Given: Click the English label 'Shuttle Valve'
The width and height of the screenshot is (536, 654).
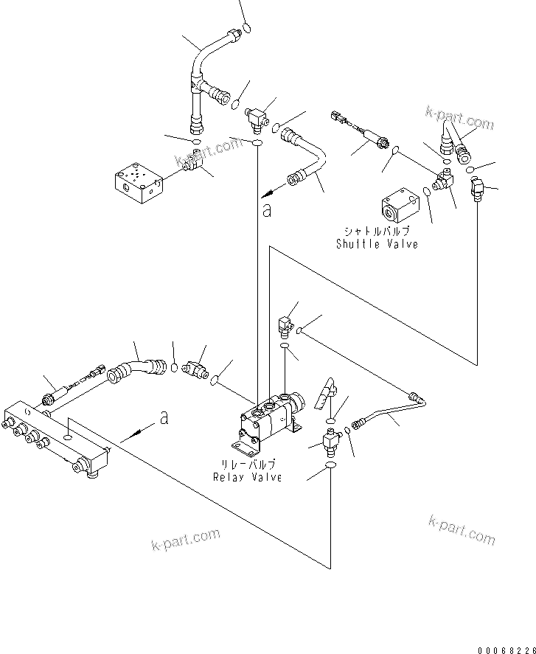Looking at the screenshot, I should pos(376,244).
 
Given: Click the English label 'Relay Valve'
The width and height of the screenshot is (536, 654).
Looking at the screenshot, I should pos(248,477).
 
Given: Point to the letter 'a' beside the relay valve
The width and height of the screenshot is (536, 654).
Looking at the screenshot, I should pos(164,419).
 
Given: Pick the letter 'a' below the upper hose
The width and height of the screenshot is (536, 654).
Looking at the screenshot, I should pos(266,210).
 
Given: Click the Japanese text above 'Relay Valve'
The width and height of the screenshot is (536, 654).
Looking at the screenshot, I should pos(248,465).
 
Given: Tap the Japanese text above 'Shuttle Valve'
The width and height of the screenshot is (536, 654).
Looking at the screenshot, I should pos(376,232).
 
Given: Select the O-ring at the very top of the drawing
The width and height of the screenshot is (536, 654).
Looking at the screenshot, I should pos(247,27).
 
